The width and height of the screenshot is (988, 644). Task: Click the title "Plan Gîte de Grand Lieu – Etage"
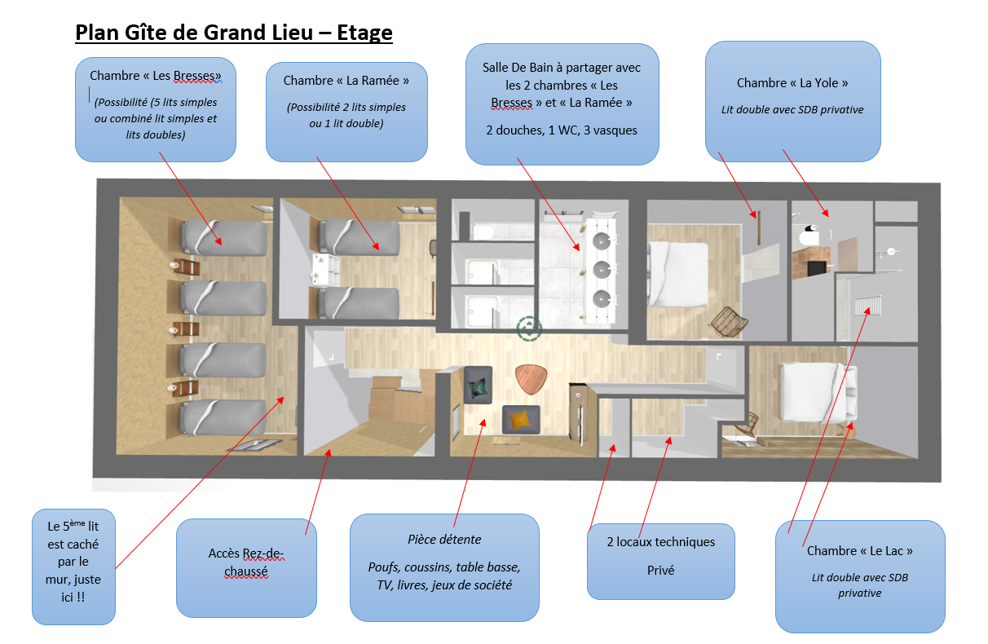(234, 33)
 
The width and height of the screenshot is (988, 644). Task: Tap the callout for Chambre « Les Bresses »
(156, 108)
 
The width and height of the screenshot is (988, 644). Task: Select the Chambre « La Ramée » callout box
(346, 112)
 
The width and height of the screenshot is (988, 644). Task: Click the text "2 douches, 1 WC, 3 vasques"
(562, 130)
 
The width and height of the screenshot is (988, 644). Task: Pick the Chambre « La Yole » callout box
(792, 101)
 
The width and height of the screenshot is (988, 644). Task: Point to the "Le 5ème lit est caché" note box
(73, 567)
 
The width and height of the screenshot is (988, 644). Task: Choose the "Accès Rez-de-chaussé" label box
(246, 567)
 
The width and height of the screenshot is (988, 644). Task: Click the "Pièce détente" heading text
(444, 539)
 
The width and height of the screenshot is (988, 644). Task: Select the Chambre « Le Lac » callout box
(859, 576)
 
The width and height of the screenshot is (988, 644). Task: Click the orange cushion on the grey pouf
(520, 419)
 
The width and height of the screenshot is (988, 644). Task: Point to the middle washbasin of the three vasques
(602, 269)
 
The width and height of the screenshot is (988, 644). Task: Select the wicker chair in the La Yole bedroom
(728, 321)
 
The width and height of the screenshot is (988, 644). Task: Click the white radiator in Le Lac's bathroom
(867, 305)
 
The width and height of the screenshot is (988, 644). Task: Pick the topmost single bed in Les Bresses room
(224, 237)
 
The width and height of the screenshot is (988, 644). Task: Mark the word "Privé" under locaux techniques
(660, 571)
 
